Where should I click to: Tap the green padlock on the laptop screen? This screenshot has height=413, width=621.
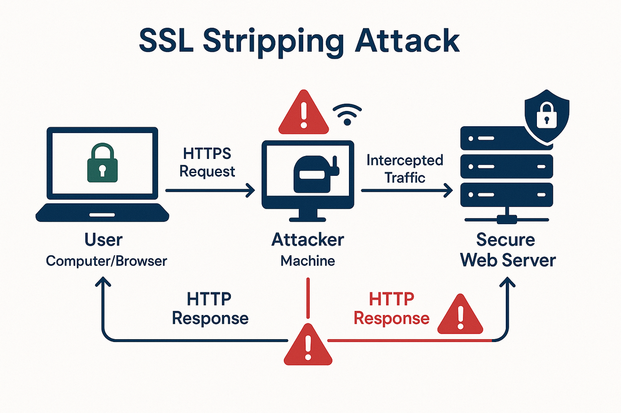click(x=102, y=163)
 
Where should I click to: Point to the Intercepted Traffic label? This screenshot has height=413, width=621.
click(x=404, y=168)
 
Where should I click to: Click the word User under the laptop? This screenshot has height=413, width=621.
click(x=103, y=240)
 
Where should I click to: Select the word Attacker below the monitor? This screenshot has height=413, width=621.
click(x=308, y=240)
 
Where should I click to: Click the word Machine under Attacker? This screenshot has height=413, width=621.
click(x=308, y=261)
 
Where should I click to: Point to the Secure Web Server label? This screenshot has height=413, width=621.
click(x=506, y=250)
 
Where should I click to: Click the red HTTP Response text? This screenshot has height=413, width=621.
click(x=391, y=308)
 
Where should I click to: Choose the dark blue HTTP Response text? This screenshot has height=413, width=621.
click(x=209, y=308)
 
